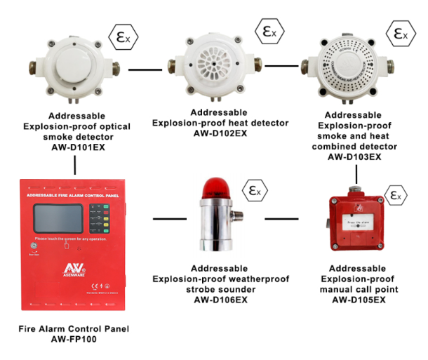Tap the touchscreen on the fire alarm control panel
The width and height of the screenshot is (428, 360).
[x=59, y=214]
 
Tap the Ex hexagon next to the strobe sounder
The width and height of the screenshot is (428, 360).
[x=252, y=190]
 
